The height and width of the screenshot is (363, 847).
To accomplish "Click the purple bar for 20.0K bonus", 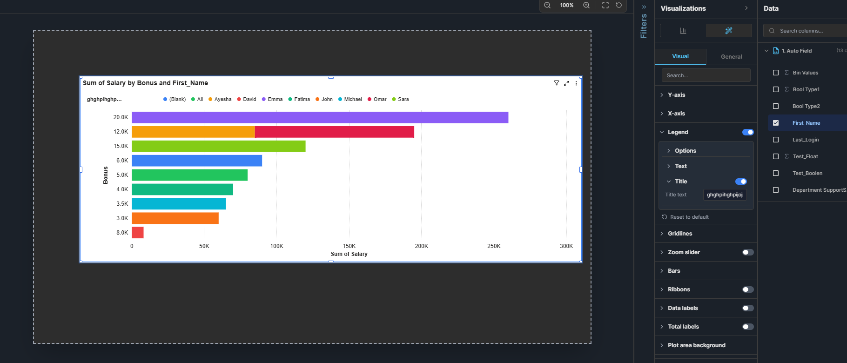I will tap(320, 117).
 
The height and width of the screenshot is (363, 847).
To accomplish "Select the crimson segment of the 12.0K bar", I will tap(334, 132).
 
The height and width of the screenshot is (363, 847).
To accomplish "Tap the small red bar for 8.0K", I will tap(138, 233).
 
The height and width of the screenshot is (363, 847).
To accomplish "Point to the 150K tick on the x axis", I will tap(349, 246).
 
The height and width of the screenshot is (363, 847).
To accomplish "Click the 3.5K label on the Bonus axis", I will tap(122, 204).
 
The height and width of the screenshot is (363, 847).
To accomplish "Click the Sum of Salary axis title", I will tap(349, 254).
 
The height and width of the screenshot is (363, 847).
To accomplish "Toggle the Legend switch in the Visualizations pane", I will tap(747, 132).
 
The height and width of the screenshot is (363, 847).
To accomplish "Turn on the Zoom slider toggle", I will tap(747, 252).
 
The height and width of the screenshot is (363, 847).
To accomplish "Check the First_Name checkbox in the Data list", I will tap(776, 123).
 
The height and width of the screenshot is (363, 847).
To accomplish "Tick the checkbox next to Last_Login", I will tap(776, 140).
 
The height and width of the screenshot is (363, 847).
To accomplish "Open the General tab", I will tap(731, 57).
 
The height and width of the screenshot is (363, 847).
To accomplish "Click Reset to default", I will tap(689, 217).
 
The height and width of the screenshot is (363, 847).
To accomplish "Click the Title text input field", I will tap(725, 195).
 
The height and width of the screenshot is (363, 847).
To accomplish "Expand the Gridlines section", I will tap(680, 234).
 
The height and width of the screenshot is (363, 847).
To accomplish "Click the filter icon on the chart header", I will tap(556, 83).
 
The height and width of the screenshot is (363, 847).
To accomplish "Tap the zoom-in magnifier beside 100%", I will tap(586, 5).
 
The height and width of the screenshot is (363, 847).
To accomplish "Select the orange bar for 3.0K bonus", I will tap(175, 218).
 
